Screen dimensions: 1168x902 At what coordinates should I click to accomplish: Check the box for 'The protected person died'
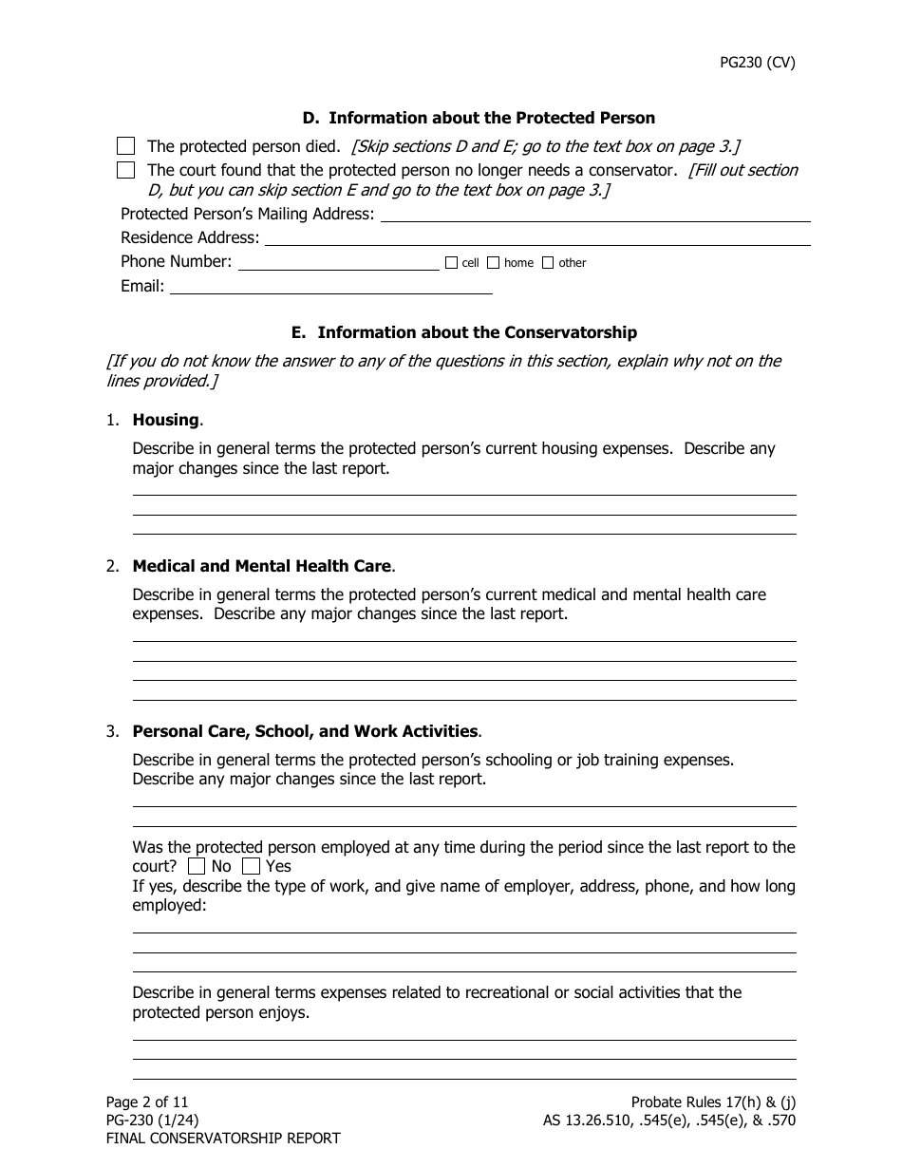tap(125, 146)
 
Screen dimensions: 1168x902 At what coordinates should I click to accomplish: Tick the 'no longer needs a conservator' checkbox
tap(125, 171)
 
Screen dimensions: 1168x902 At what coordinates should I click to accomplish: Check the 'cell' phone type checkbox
tap(451, 263)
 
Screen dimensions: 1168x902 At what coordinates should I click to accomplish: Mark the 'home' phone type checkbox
tap(494, 263)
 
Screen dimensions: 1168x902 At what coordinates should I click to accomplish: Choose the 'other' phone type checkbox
tap(548, 263)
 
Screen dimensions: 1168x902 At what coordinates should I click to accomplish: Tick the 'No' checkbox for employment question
tap(197, 866)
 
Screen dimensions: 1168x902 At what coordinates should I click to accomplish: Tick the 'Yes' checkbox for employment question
tap(251, 866)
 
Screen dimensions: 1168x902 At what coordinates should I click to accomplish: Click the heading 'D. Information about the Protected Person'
tap(479, 119)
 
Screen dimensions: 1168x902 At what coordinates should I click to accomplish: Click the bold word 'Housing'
tap(166, 420)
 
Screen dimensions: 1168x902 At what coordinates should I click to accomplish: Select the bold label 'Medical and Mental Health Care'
tap(261, 566)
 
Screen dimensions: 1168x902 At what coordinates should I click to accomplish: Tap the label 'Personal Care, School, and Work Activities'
tap(305, 731)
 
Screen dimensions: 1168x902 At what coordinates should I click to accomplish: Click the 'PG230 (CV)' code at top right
tap(756, 63)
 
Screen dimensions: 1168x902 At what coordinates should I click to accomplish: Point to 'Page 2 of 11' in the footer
tap(147, 1102)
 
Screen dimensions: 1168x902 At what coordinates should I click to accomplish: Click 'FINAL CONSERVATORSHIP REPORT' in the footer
tap(222, 1138)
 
